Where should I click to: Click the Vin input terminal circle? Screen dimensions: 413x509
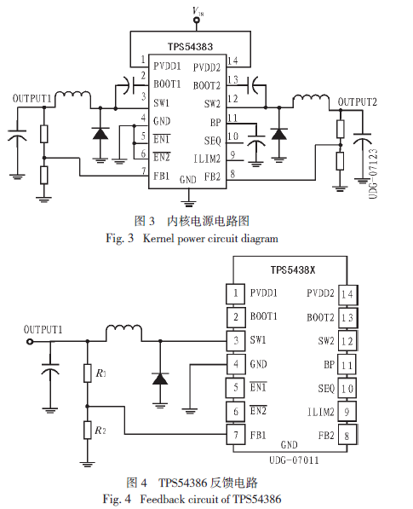pos(196,20)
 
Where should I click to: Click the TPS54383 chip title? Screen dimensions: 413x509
pos(190,47)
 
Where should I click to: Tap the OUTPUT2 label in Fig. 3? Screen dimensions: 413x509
pos(358,102)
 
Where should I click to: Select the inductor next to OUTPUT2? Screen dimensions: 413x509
pos(311,98)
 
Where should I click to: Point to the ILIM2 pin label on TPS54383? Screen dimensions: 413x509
pos(207,159)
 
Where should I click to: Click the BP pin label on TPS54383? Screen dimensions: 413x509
pos(215,123)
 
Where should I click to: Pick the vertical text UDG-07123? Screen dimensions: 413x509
pos(373,174)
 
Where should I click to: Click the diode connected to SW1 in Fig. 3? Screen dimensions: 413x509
pos(100,133)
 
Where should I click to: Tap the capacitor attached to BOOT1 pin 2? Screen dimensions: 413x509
pos(129,85)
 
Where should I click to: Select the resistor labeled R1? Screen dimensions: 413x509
pos(87,373)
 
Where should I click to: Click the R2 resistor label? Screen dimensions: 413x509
pos(100,430)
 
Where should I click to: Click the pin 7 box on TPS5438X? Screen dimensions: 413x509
pos(236,435)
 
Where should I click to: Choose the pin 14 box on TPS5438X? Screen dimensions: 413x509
pos(347,295)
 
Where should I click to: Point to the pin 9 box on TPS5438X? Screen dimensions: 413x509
pos(347,412)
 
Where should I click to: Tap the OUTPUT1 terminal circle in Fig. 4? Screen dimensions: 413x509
pos(30,342)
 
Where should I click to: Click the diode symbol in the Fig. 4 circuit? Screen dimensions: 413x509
pos(160,379)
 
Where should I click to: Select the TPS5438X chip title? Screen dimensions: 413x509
pos(293,269)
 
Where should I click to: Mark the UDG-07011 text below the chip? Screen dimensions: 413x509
pos(294,460)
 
